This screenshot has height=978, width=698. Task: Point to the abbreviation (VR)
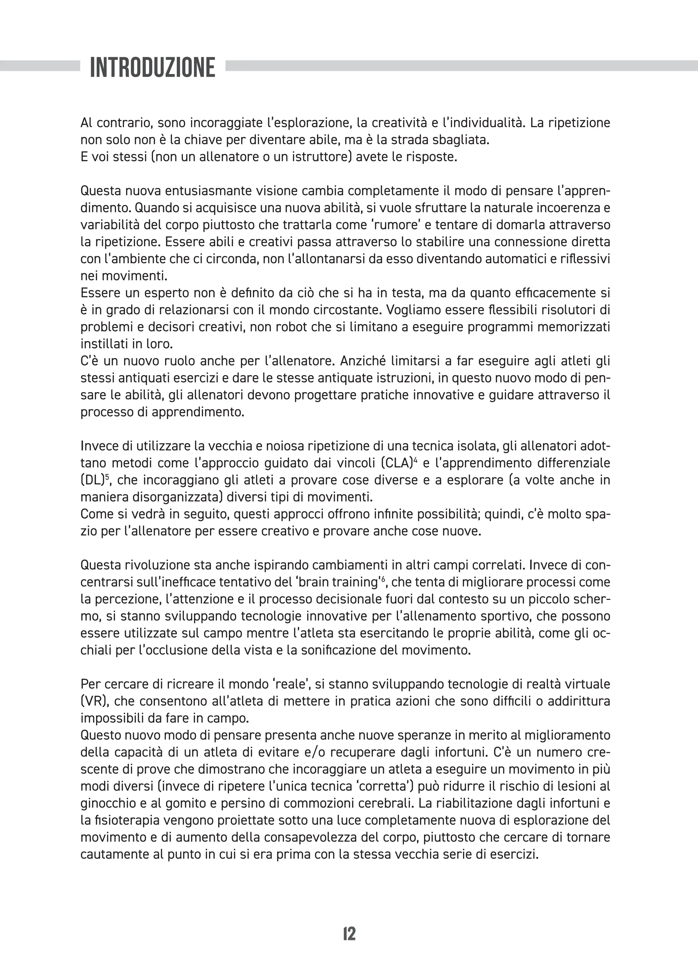[93, 701]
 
